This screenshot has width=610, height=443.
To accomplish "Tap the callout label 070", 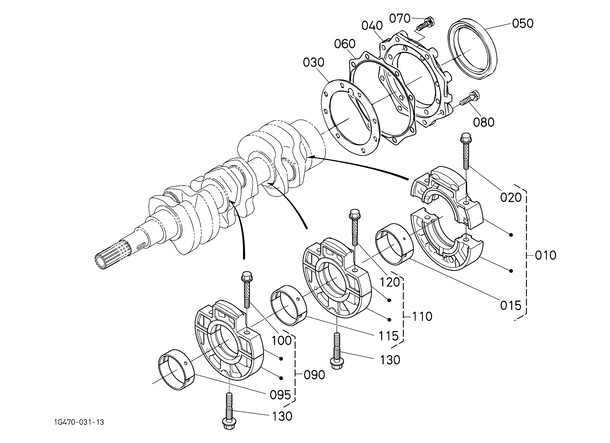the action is (x=400, y=19).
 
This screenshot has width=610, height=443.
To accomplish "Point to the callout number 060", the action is (x=345, y=44).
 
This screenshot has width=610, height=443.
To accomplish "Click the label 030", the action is (x=314, y=63).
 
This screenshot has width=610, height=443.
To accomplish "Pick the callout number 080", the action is (x=484, y=122).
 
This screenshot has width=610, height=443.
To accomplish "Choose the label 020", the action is (x=511, y=198).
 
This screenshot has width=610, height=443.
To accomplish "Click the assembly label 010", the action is (x=545, y=255).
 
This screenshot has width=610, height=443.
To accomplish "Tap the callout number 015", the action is (x=511, y=306).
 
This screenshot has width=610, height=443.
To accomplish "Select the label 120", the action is (x=390, y=282).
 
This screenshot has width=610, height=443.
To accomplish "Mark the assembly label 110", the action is (x=422, y=317).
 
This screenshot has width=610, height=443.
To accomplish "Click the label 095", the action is (x=280, y=395).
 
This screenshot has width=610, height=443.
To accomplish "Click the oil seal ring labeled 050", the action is (x=473, y=49).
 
